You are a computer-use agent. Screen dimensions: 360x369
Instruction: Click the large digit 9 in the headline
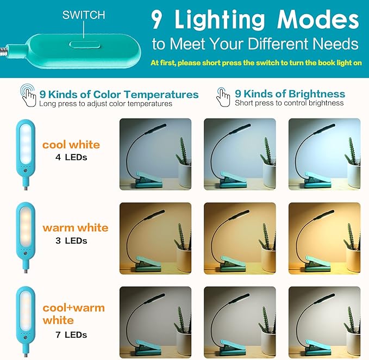pyautogui.click(x=157, y=21)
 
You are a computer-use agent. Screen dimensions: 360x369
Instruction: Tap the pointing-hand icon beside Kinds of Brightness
pyautogui.click(x=223, y=96)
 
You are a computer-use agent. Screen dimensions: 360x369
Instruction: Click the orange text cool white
pyautogui.click(x=71, y=145)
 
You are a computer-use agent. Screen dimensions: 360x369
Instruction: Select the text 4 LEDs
pyautogui.click(x=71, y=158)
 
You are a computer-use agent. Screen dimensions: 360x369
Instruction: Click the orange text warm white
pyautogui.click(x=75, y=228)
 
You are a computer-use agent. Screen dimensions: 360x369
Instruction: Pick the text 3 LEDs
pyautogui.click(x=71, y=241)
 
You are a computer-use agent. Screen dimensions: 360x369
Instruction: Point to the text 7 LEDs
pyautogui.click(x=71, y=334)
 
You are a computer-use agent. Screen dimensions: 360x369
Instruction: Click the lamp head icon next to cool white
pyautogui.click(x=26, y=145)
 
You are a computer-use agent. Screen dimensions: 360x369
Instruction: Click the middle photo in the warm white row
pyautogui.click(x=240, y=237)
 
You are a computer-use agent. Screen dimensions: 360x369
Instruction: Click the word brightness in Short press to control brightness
pyautogui.click(x=325, y=103)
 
